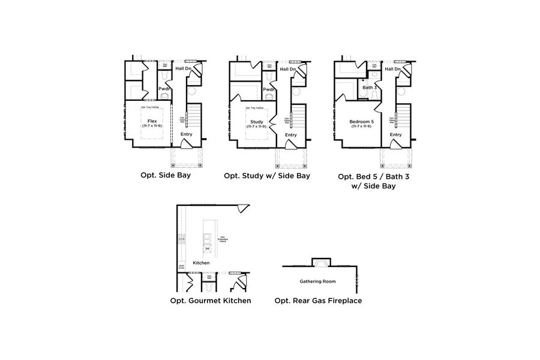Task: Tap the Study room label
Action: [x=256, y=122]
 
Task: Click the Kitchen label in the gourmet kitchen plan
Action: [x=202, y=263]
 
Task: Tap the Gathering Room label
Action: [x=317, y=281]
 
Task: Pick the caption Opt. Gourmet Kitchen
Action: [x=211, y=300]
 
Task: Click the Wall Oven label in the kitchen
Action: [x=181, y=267]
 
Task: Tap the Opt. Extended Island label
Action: [x=223, y=239]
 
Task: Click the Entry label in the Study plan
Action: [x=291, y=134]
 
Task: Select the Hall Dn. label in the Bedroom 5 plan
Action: [x=393, y=69]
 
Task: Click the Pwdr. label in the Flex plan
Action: [x=165, y=89]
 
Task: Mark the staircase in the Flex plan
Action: [x=194, y=116]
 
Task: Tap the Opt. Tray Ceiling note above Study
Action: [x=256, y=107]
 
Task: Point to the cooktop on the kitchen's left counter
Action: [x=181, y=240]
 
